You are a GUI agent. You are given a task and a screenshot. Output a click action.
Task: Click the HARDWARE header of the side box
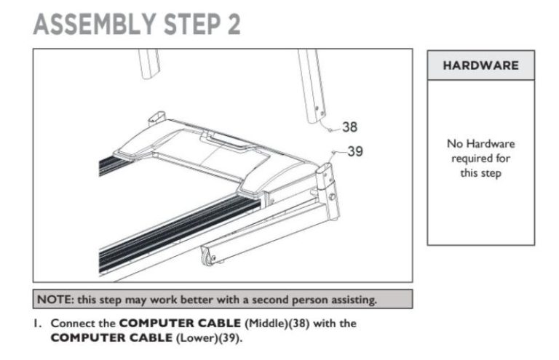[480, 65]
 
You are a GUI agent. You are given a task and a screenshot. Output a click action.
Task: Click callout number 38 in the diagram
[350, 127]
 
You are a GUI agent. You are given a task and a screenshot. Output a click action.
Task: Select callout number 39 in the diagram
[354, 152]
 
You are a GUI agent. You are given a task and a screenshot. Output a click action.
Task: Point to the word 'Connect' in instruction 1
[71, 324]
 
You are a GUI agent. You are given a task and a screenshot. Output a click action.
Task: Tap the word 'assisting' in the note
[352, 299]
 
